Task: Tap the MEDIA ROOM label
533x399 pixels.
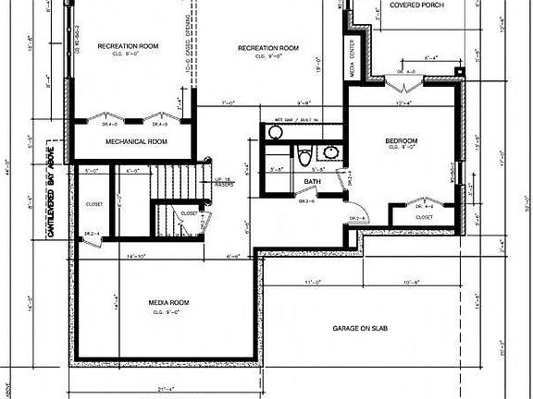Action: coord(168,303)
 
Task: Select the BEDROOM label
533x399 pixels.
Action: coord(403,141)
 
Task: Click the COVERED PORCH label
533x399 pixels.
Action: coord(416,6)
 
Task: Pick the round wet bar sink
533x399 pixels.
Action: coord(275,133)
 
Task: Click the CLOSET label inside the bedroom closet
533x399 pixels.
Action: coord(424,217)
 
